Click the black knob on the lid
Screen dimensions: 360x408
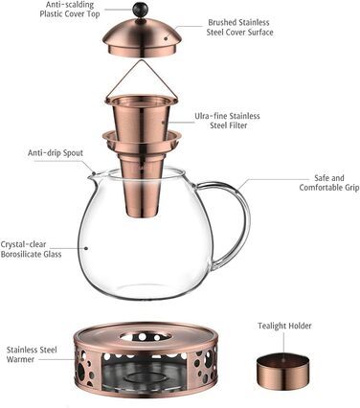[x=141, y=9]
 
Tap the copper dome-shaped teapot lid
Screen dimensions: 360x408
[x=143, y=38]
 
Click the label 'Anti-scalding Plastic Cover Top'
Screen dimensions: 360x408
[x=70, y=10]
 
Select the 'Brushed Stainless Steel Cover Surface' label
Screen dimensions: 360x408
[x=239, y=27]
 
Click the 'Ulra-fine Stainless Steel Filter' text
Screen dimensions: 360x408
[x=228, y=121]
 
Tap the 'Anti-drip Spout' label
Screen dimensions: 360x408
[x=56, y=153]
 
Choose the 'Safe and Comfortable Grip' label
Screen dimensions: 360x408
[x=329, y=183]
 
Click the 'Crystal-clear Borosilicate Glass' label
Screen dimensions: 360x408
[x=31, y=249]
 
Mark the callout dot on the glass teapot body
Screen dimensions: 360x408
[x=86, y=248]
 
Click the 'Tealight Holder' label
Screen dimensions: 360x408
[x=284, y=326]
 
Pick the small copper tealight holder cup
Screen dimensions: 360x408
[x=283, y=371]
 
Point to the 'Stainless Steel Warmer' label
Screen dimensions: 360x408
[x=32, y=354]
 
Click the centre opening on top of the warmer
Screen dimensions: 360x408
[x=143, y=337]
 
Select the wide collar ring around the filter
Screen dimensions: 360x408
[x=142, y=141]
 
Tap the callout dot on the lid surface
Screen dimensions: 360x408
[x=166, y=38]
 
